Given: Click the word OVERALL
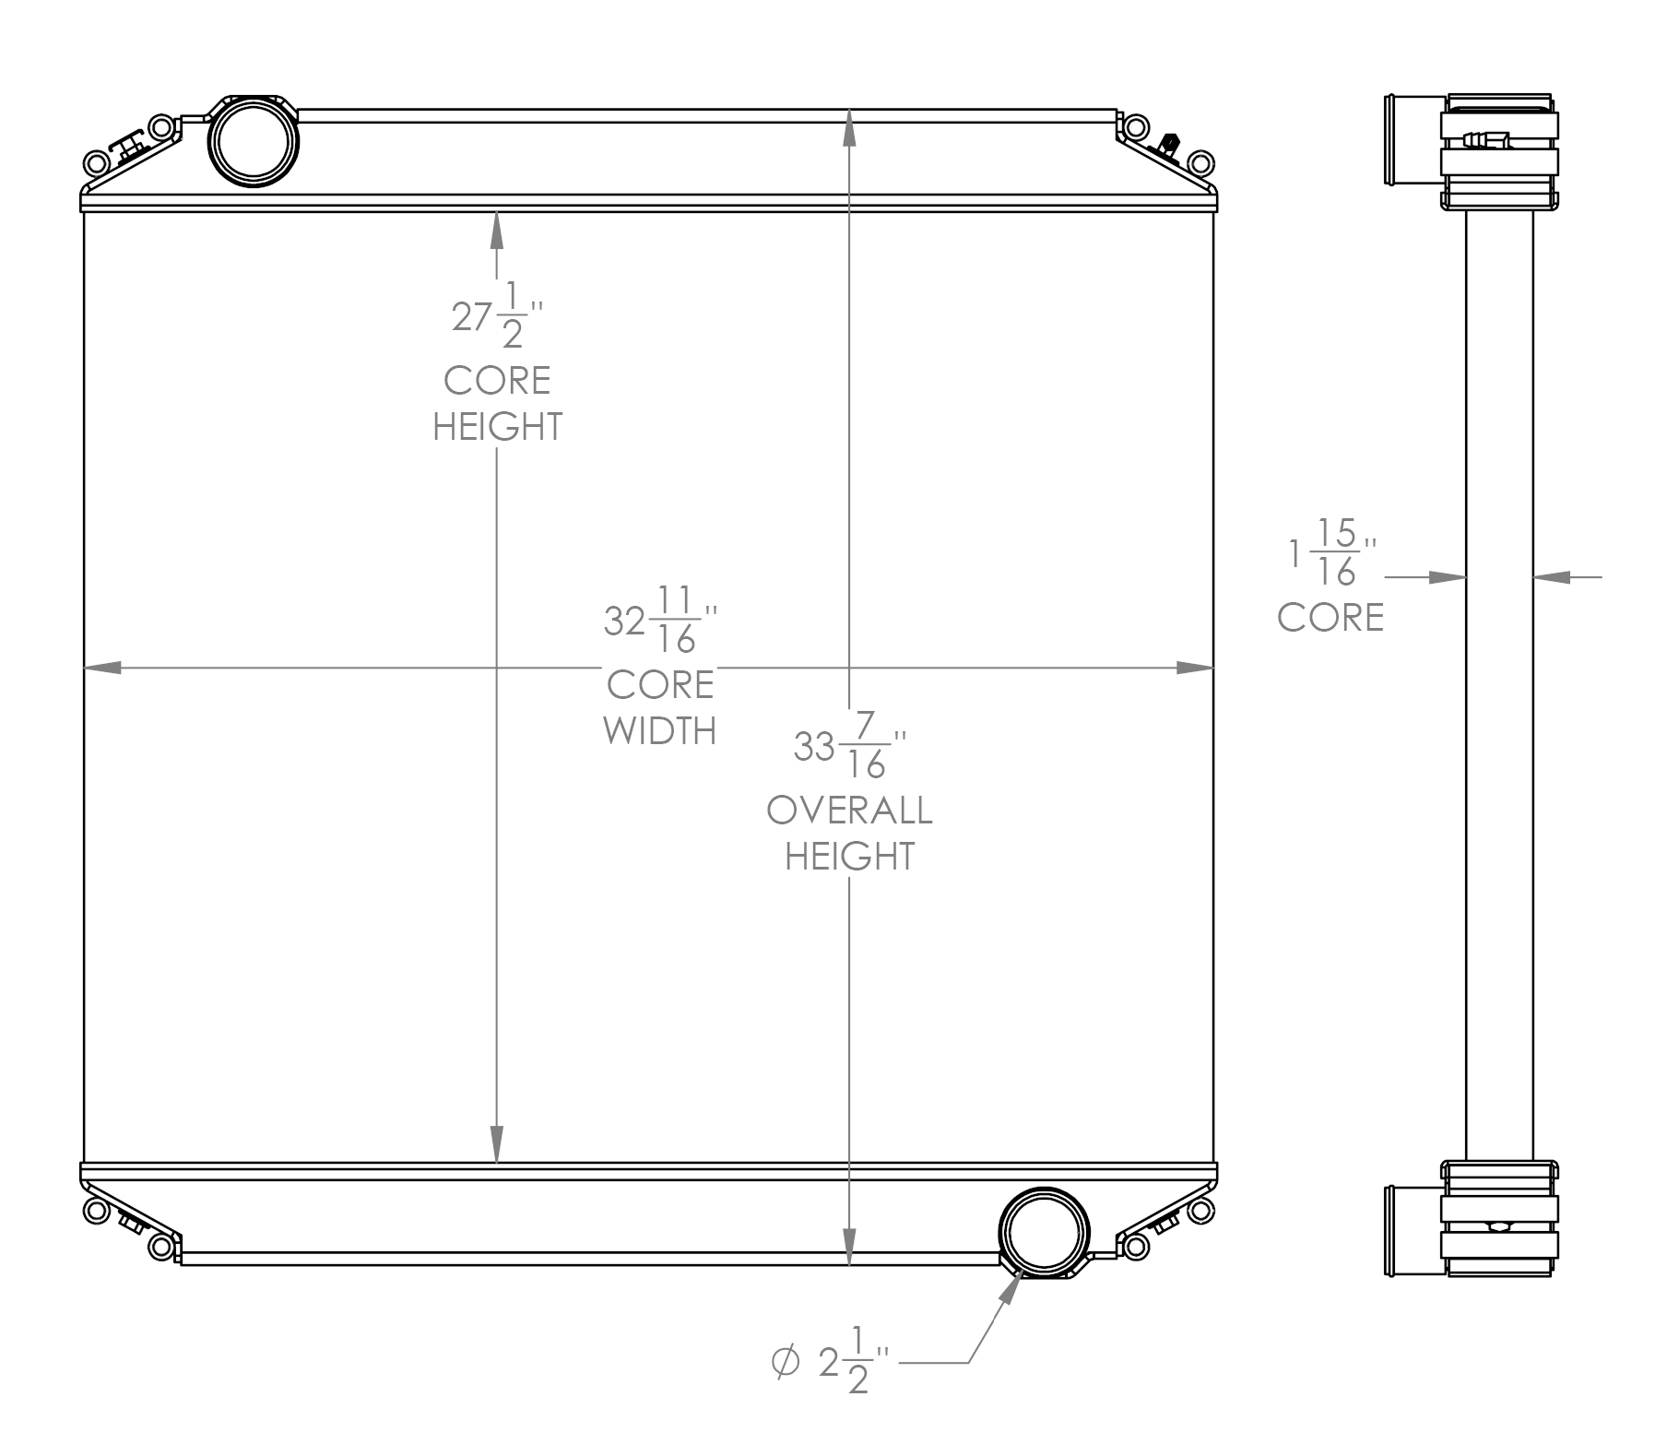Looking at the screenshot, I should click(849, 811).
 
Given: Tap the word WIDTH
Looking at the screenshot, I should click(660, 731).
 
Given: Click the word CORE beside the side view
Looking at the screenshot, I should click(1330, 618).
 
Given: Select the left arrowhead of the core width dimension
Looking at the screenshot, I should click(102, 667).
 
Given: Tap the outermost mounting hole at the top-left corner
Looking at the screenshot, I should click(94, 165).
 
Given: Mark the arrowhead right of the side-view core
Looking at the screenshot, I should click(1552, 577).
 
